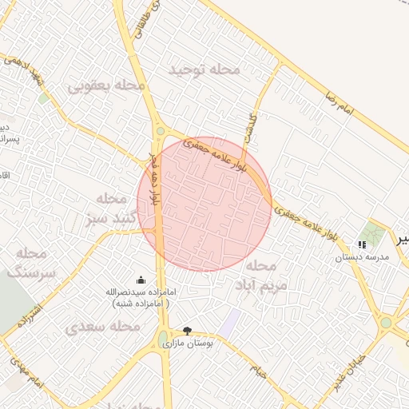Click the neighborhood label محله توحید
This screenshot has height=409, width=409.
(x=204, y=69)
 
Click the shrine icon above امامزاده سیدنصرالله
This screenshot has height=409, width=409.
(x=141, y=280)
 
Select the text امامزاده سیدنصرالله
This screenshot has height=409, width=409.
(x=140, y=292)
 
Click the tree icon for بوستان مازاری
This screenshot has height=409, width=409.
(x=187, y=331)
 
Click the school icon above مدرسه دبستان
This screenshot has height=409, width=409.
(x=362, y=244)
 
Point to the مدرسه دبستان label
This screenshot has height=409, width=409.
(x=361, y=257)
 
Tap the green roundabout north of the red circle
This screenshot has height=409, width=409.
(x=161, y=132)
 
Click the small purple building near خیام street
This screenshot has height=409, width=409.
(x=230, y=324)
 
